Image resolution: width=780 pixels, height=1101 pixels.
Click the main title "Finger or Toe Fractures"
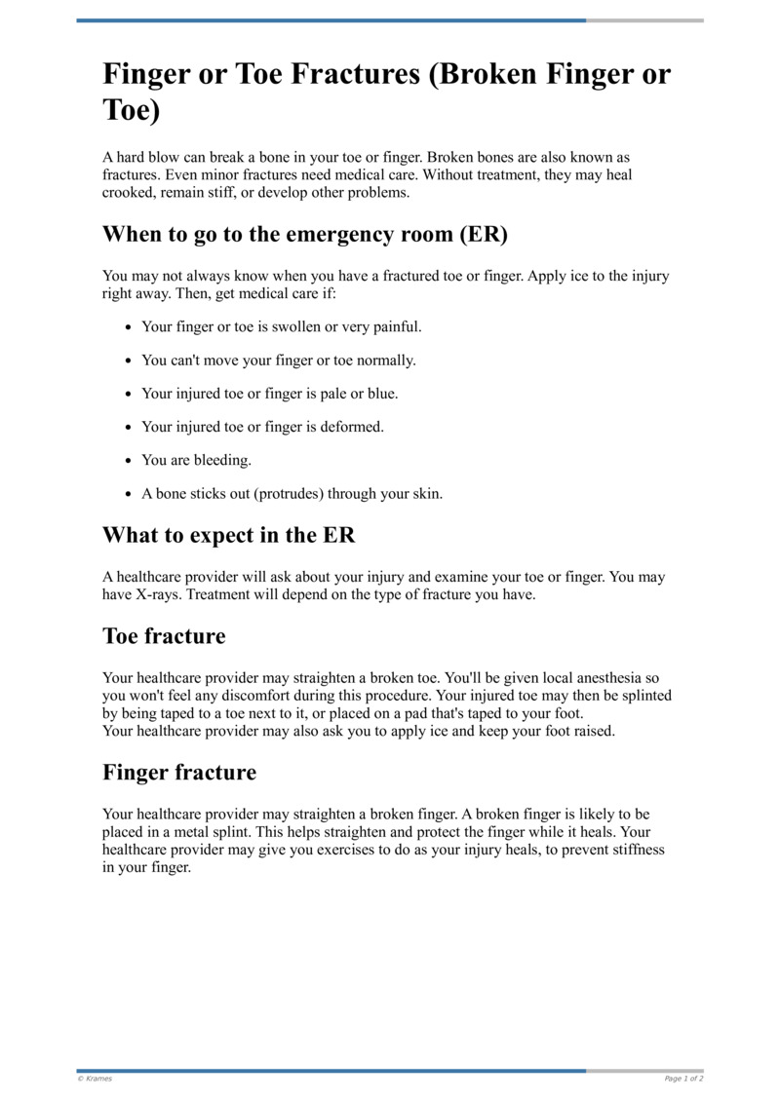[x=386, y=92]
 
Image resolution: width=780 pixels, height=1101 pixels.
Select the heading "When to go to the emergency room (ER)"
[x=305, y=235]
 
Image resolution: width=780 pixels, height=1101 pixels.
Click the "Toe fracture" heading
[x=164, y=636]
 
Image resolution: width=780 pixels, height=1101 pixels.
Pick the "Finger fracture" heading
[x=179, y=773]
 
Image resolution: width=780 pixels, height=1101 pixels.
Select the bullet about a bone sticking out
[x=292, y=494]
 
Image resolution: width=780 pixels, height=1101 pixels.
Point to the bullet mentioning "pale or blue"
[x=269, y=394]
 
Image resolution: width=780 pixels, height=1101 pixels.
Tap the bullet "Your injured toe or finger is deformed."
[x=262, y=427]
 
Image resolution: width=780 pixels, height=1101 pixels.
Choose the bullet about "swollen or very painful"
[x=281, y=326]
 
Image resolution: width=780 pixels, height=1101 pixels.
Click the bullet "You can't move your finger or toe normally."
[x=278, y=361]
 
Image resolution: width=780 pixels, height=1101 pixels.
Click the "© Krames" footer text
[x=95, y=1079]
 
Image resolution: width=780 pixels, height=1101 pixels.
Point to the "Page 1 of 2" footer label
[x=683, y=1079]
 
